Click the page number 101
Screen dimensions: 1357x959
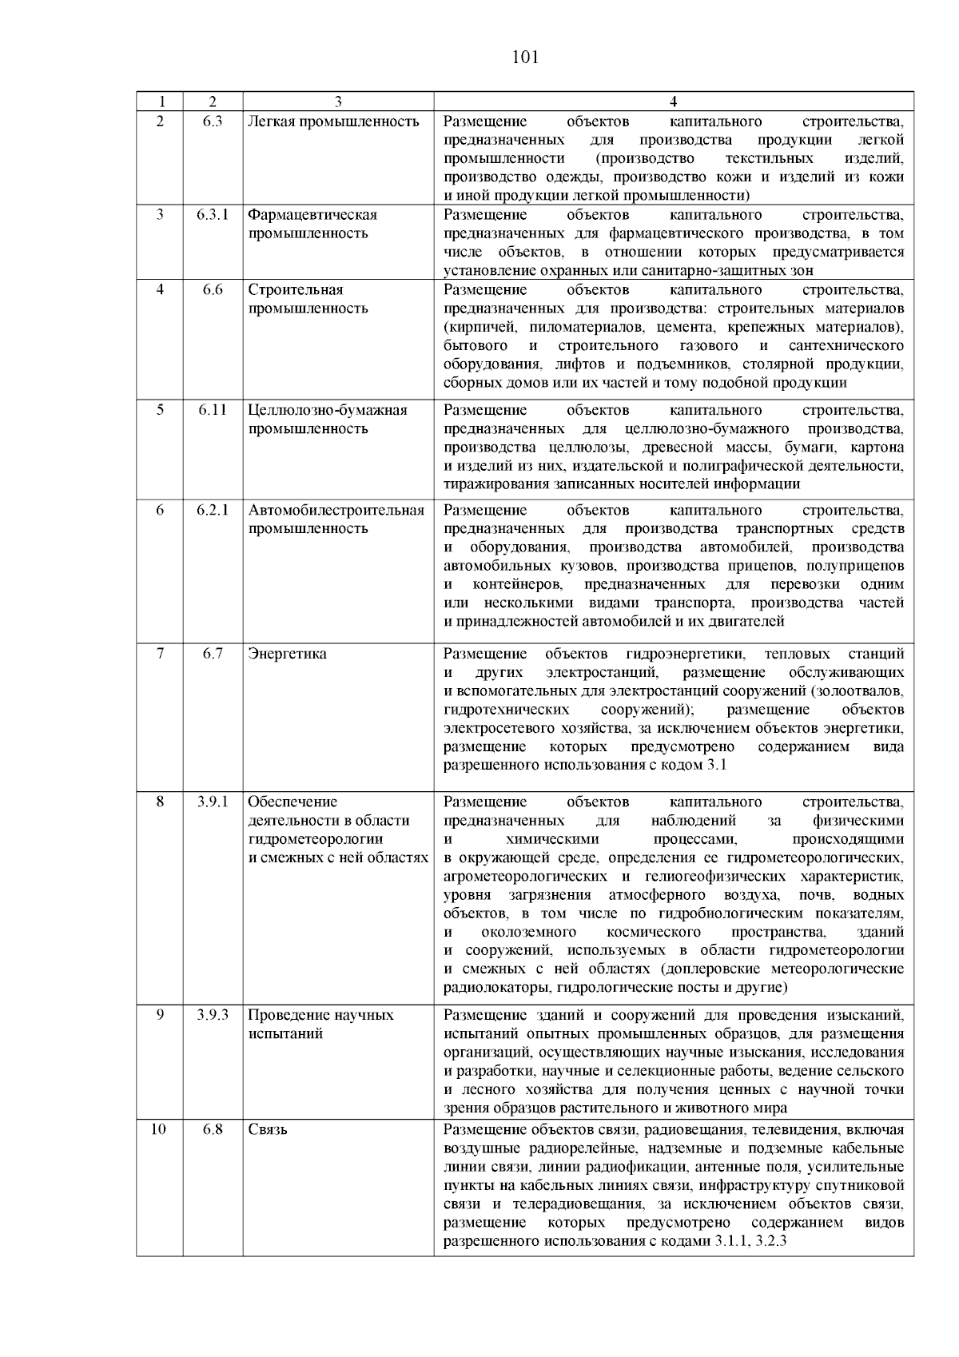click(524, 58)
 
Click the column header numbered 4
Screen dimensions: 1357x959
click(673, 101)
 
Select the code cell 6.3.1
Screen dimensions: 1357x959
click(213, 215)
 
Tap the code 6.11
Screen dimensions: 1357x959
click(213, 410)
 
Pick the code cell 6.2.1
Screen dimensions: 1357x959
click(213, 510)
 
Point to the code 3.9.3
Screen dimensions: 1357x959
click(213, 1015)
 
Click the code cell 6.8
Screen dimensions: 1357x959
click(213, 1130)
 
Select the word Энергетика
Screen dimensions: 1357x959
click(287, 654)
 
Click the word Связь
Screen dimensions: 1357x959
click(268, 1130)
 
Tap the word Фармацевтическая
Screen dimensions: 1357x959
click(312, 215)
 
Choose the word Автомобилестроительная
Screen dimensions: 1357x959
click(336, 510)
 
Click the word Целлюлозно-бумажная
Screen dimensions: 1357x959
click(328, 410)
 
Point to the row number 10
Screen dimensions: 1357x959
click(159, 1130)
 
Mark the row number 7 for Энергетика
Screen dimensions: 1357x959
click(160, 654)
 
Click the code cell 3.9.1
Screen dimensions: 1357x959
click(213, 802)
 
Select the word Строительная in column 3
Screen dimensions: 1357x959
click(296, 290)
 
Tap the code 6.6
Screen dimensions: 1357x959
click(213, 290)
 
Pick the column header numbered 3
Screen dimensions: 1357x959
click(338, 101)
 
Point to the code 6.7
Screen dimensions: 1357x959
click(213, 654)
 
